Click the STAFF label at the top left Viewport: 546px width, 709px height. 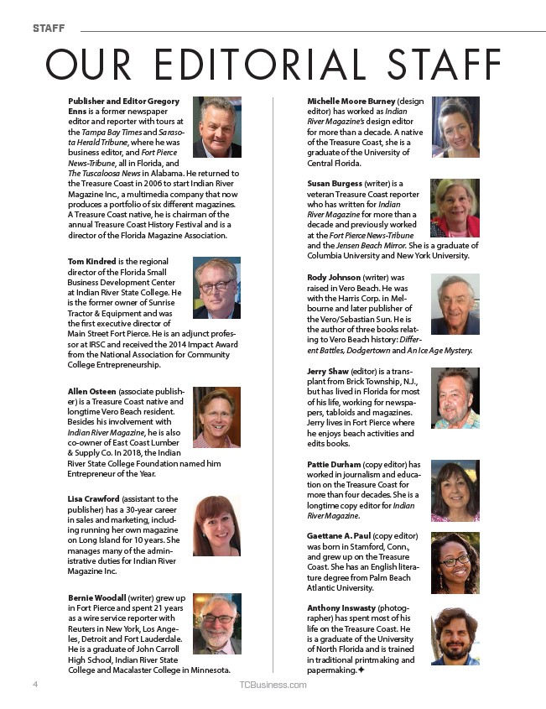point(48,29)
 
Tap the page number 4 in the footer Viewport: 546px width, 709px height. point(36,685)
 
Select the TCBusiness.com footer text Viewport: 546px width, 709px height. point(273,685)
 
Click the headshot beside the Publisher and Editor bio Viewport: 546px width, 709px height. point(216,128)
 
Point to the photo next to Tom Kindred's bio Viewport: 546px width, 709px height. point(216,288)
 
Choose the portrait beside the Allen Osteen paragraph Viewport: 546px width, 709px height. point(216,417)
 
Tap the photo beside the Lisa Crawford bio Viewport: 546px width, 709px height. point(216,526)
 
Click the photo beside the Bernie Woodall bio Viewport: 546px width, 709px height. point(216,623)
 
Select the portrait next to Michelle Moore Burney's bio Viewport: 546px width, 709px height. point(455,128)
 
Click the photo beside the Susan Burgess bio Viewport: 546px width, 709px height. point(455,208)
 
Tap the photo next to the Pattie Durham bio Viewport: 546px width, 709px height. point(455,491)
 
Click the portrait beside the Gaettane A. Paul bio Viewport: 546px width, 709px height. point(455,563)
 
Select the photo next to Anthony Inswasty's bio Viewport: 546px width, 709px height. point(455,635)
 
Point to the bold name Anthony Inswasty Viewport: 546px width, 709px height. point(341,607)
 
